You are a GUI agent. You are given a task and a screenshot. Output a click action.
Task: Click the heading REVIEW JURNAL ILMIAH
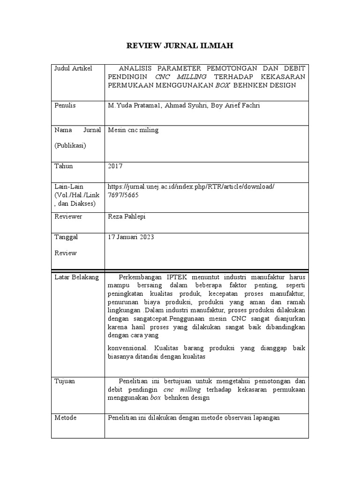(x=180, y=45)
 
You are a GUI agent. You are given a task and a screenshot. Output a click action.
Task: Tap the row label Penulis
(x=65, y=105)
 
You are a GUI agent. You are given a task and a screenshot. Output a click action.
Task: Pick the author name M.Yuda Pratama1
(x=133, y=105)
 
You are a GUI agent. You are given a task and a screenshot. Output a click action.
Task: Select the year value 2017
(x=115, y=166)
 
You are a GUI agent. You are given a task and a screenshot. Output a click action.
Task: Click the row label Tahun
(x=64, y=166)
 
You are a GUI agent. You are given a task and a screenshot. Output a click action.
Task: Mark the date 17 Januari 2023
(x=131, y=237)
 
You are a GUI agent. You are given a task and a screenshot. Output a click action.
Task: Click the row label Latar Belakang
(x=77, y=277)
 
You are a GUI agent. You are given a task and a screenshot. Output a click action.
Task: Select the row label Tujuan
(x=65, y=381)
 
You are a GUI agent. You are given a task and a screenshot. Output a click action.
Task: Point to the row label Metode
(x=66, y=417)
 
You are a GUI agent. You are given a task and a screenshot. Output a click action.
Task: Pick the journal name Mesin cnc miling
(x=133, y=130)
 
